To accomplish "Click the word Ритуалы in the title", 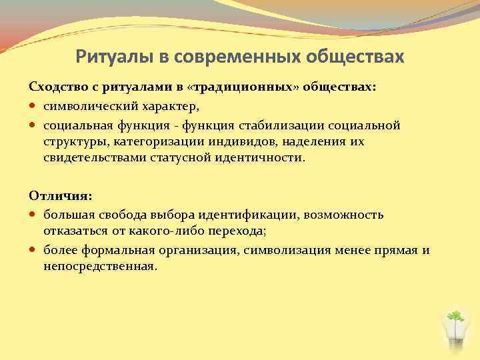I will [115, 57].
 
